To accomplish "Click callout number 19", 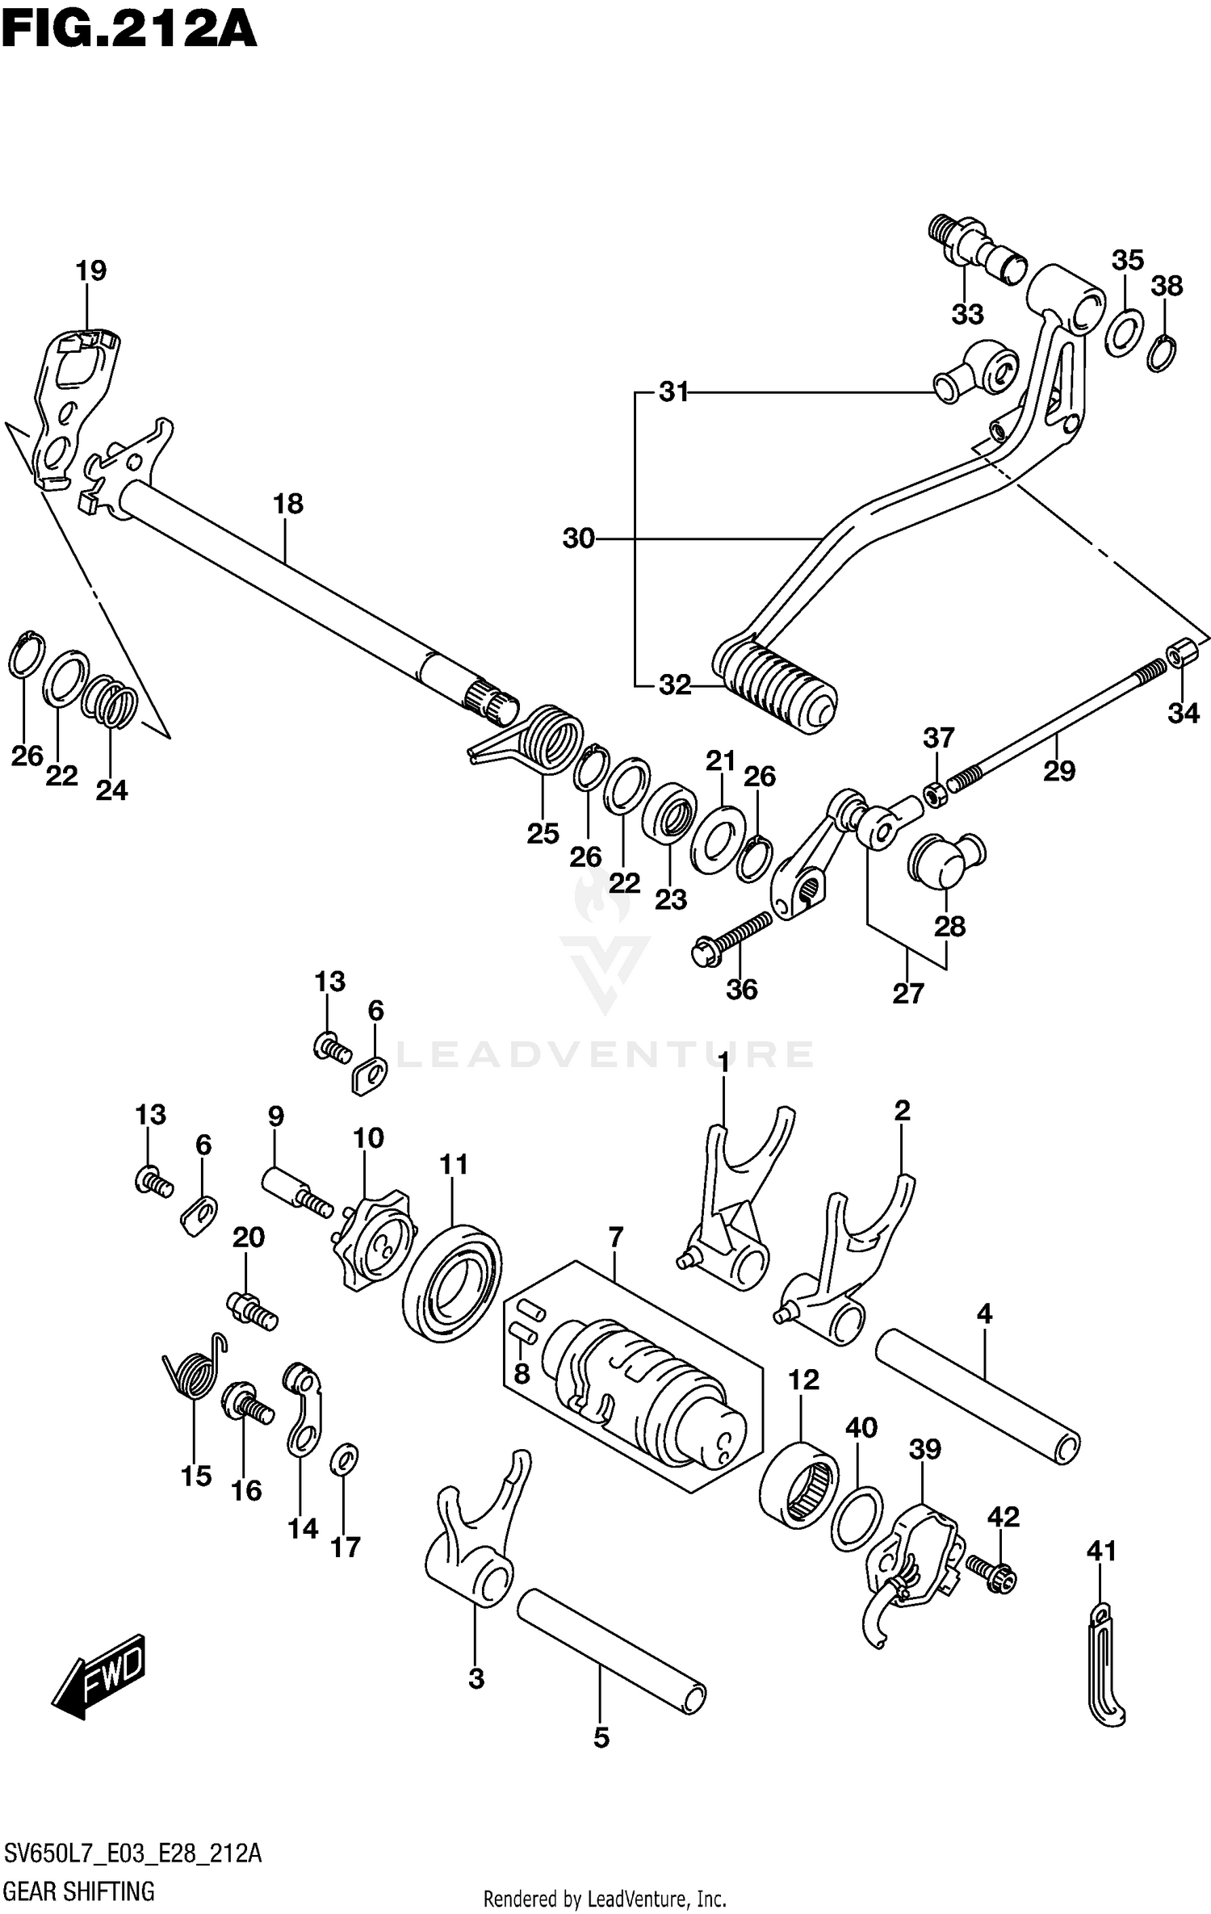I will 91,271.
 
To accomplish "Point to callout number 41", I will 1101,1551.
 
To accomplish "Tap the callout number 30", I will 578,538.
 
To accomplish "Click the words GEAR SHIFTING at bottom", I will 79,1891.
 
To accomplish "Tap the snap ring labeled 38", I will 1161,354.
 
